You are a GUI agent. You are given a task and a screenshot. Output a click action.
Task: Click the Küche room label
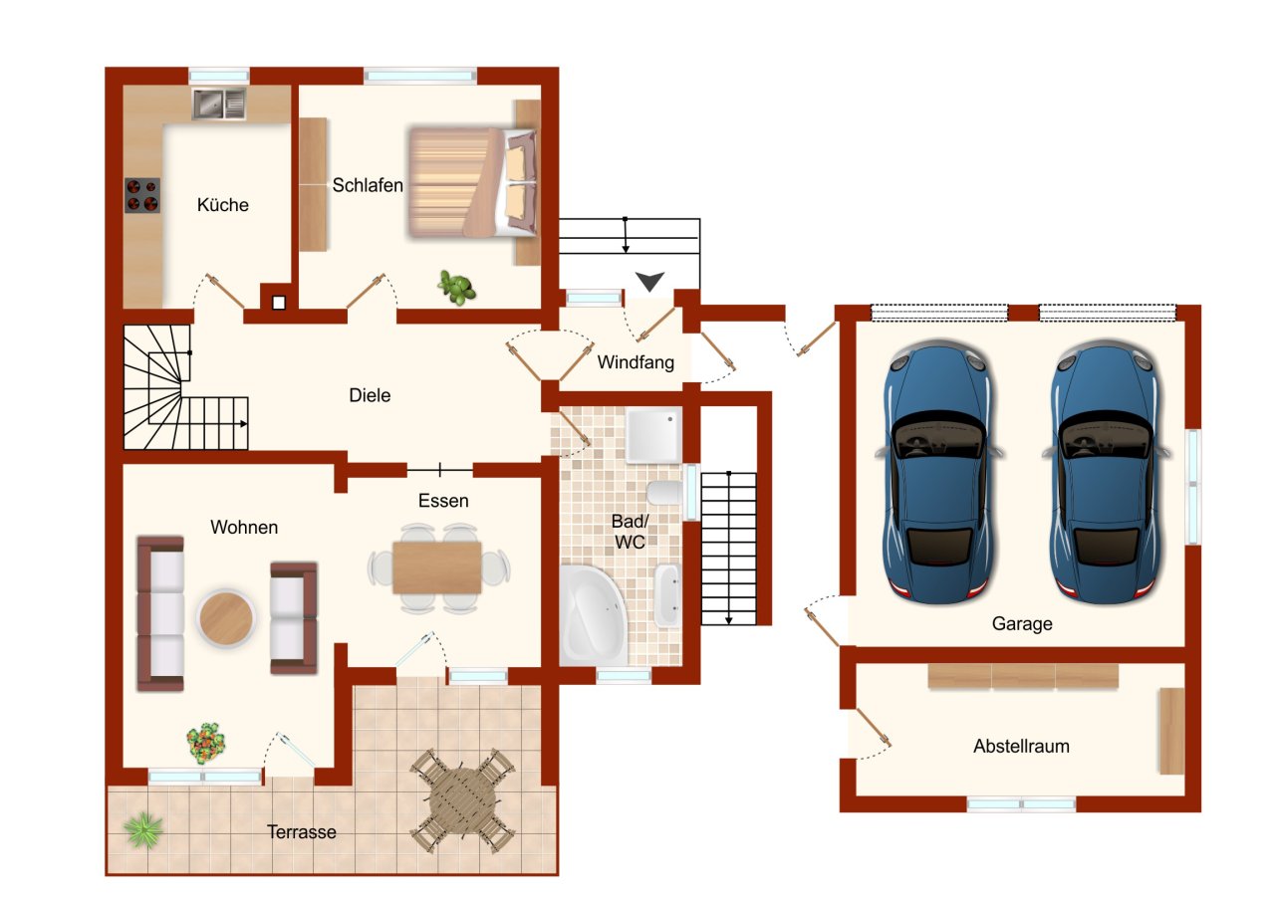(222, 205)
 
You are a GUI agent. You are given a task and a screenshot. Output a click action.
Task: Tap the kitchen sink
(218, 104)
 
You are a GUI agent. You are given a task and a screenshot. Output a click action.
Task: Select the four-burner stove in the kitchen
(142, 195)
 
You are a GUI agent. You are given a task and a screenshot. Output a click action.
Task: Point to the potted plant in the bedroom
(456, 288)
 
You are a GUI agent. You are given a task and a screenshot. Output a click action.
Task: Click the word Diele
(370, 395)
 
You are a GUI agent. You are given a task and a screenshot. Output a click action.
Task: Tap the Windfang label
(636, 362)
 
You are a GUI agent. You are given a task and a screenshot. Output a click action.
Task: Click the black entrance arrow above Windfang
(649, 283)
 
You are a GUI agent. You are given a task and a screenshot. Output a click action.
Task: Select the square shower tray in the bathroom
(653, 435)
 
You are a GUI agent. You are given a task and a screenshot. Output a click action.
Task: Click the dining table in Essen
(437, 567)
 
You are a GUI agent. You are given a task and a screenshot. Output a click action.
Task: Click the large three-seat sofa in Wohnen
(160, 613)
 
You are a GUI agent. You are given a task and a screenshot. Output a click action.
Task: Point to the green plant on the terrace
(145, 828)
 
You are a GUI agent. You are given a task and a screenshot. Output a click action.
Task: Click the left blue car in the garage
(936, 474)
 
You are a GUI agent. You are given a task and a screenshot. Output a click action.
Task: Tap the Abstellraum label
(1021, 746)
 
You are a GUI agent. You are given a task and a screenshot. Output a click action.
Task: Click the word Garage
(1021, 624)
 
